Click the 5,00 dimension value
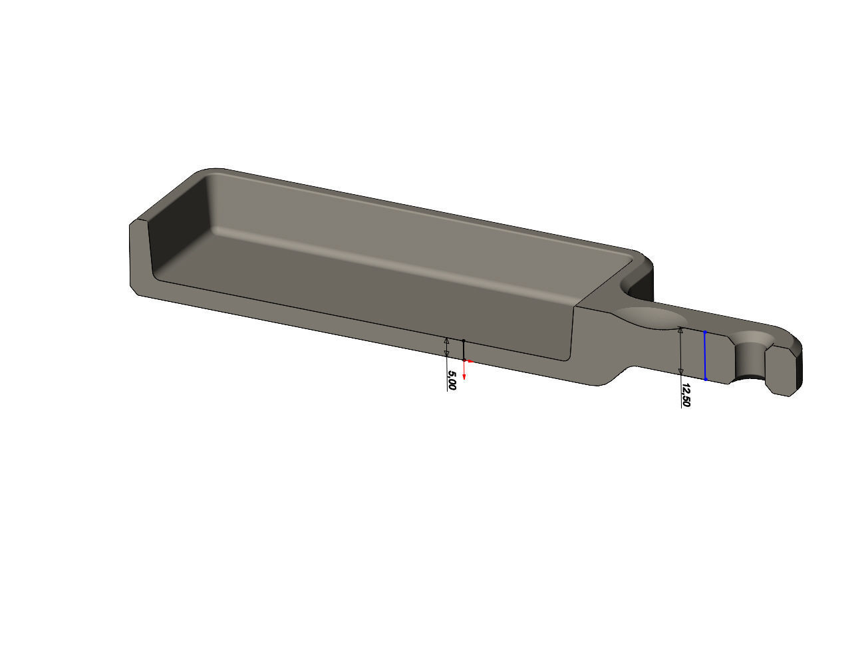(x=452, y=380)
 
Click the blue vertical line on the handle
(x=705, y=356)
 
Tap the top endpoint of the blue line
(x=705, y=332)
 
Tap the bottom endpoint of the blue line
(x=705, y=379)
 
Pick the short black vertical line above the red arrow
(x=464, y=350)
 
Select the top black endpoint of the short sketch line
(x=464, y=340)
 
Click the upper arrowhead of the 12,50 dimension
(x=680, y=330)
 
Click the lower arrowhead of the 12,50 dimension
(x=680, y=371)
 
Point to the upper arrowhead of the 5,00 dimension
(x=446, y=341)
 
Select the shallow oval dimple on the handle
(x=649, y=318)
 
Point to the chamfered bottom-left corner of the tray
(x=134, y=289)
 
